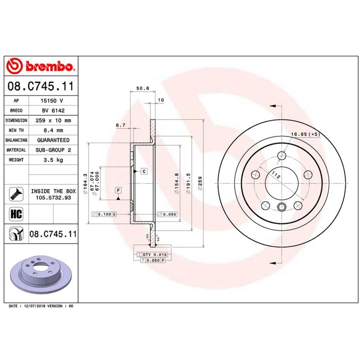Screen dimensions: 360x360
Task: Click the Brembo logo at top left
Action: (x=40, y=66)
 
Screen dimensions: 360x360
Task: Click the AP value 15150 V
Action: (x=52, y=100)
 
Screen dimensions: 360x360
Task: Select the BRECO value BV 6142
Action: (x=53, y=110)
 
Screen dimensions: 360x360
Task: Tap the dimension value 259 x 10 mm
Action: (x=53, y=120)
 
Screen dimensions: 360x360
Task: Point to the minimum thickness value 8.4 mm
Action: (x=53, y=130)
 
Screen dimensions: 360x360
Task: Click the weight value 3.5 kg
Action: (x=53, y=160)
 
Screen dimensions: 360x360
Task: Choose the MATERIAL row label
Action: (x=16, y=150)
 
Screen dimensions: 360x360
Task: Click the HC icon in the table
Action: (x=16, y=214)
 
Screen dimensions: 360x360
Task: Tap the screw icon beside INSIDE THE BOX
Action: (x=16, y=194)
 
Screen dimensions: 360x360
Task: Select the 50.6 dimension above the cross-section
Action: (x=143, y=88)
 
